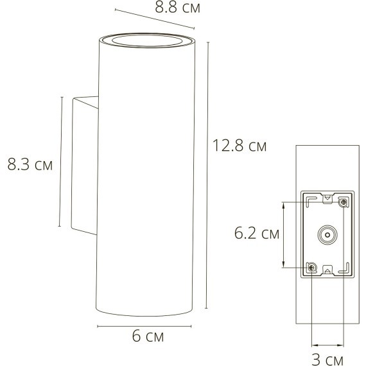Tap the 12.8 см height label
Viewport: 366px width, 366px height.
(240, 146)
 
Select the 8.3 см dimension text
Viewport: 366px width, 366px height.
(29, 164)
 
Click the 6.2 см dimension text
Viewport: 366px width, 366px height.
(257, 234)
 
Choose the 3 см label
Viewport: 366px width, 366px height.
(326, 357)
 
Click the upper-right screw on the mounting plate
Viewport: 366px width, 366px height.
(344, 203)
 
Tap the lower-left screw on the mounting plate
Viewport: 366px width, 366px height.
(311, 266)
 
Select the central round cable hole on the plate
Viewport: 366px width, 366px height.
(327, 235)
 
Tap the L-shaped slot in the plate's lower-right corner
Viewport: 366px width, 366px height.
(345, 270)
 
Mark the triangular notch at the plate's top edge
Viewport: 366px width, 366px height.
(327, 196)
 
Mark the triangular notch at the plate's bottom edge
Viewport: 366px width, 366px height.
(327, 272)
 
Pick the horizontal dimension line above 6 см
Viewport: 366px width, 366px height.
(144, 326)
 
